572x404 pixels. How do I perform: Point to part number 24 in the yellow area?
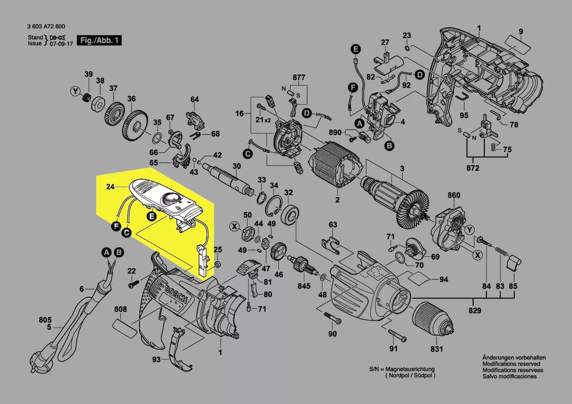110,186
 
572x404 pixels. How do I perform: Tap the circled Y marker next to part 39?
75,91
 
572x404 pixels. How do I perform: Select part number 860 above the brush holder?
454,196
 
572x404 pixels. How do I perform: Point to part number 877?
298,78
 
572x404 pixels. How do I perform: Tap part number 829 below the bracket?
475,311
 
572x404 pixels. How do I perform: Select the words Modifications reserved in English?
511,364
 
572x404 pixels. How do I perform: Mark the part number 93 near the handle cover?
156,359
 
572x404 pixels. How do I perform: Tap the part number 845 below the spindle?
304,286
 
